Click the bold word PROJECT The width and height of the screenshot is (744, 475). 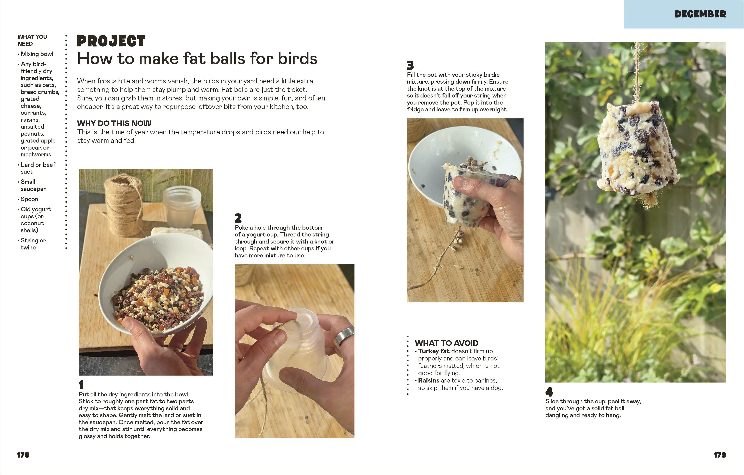(x=111, y=41)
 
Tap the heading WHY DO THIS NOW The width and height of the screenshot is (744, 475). (x=114, y=123)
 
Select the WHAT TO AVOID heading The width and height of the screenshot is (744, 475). (x=446, y=343)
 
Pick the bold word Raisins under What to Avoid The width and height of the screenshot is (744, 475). (x=429, y=380)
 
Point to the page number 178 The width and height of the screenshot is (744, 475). (x=23, y=455)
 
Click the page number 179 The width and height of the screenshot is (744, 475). (x=720, y=455)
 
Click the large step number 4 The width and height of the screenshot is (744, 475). (x=549, y=392)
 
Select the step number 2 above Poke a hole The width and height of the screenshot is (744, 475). (x=238, y=218)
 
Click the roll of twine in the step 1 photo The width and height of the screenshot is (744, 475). (x=123, y=204)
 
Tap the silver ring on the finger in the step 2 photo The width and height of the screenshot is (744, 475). (x=344, y=337)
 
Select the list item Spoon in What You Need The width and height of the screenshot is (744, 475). (x=29, y=199)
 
